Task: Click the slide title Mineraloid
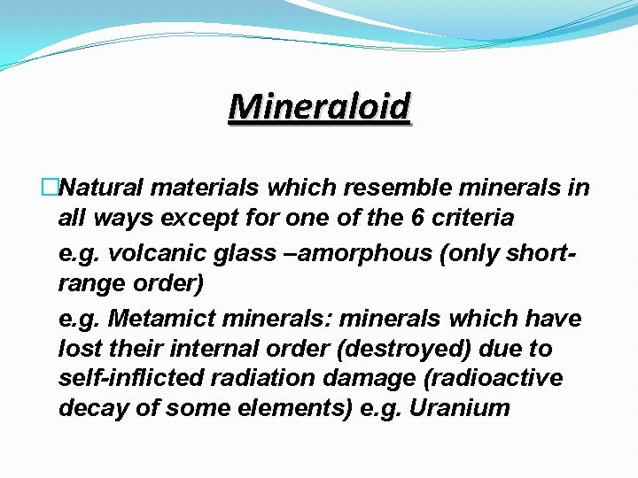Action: [x=319, y=107]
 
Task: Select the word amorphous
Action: [x=338, y=254]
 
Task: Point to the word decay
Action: [x=88, y=408]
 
